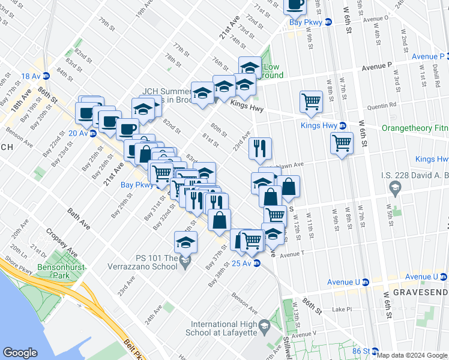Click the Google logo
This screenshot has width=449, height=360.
[20, 353]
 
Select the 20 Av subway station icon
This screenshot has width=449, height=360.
[93, 133]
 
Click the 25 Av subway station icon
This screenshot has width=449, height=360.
[257, 263]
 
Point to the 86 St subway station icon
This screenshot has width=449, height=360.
[375, 351]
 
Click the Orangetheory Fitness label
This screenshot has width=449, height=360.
[416, 128]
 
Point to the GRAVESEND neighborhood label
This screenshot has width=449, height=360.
[420, 292]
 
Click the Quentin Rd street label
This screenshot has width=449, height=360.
[385, 104]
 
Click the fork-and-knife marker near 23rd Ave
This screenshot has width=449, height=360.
[260, 149]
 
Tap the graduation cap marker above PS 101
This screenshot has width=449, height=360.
[185, 242]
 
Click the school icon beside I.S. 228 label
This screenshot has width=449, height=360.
[396, 190]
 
